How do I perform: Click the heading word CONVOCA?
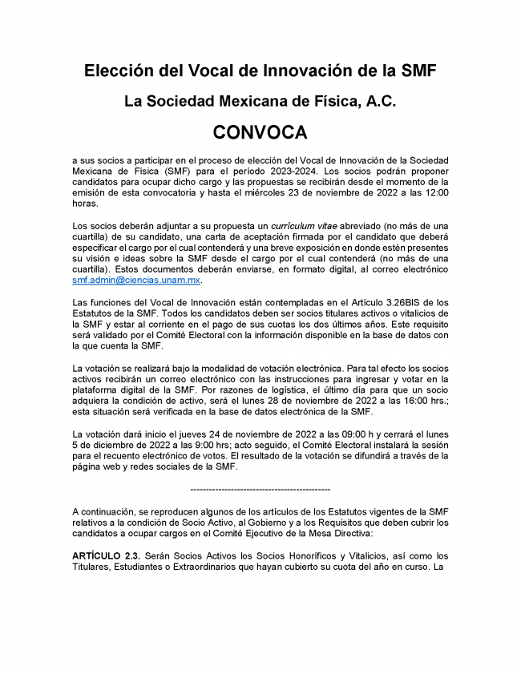pyautogui.click(x=260, y=131)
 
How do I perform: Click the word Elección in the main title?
pyautogui.click(x=117, y=71)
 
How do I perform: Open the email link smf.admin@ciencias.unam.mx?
pyautogui.click(x=136, y=280)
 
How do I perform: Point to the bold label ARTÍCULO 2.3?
pyautogui.click(x=101, y=555)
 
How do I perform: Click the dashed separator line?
pyautogui.click(x=260, y=488)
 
